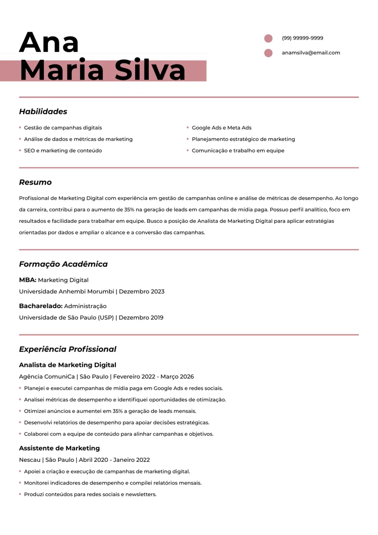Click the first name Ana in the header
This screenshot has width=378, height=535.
point(49,42)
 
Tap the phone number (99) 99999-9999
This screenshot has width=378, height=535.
point(302,38)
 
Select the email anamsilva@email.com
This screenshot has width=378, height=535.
point(310,53)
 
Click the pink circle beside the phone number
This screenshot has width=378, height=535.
point(268,38)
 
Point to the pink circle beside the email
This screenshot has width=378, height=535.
point(268,53)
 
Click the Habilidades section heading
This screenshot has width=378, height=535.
point(43,111)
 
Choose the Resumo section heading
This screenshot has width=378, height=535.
point(35,182)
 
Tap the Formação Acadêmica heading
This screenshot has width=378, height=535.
point(63,264)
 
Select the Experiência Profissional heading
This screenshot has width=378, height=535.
point(68,349)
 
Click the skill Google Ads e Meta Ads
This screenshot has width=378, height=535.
point(221,128)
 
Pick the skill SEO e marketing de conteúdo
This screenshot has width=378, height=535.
point(62,151)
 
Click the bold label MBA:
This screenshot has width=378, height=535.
point(28,280)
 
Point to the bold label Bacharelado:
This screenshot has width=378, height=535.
point(41,306)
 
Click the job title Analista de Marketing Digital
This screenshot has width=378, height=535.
point(68,365)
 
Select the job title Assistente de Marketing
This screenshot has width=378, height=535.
point(59,448)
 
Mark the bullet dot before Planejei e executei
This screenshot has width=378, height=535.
point(20,388)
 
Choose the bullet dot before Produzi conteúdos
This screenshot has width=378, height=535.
point(20,494)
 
